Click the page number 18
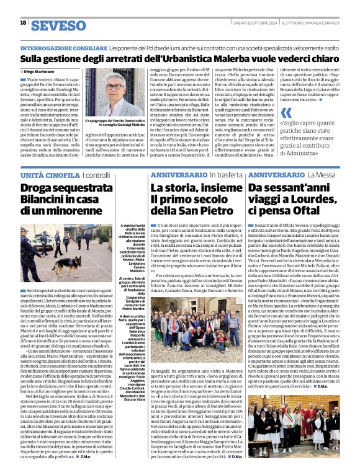pyautogui.click(x=23, y=23)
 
